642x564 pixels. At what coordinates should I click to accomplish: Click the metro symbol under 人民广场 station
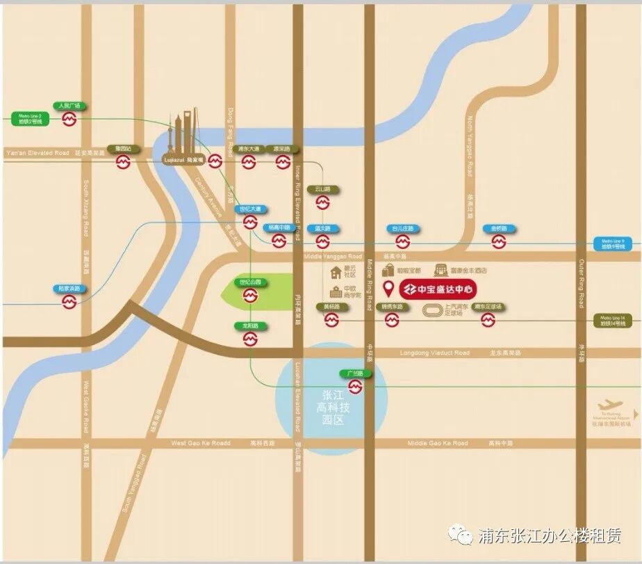click(x=69, y=120)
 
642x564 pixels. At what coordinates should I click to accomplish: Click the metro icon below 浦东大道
click(x=249, y=162)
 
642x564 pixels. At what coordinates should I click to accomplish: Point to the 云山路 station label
click(x=322, y=189)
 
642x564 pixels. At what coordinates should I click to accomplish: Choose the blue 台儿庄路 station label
click(x=402, y=228)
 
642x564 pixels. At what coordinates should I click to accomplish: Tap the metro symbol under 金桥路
click(x=499, y=241)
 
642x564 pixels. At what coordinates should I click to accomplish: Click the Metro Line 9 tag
click(x=614, y=243)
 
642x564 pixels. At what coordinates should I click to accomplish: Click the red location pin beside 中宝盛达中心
click(x=390, y=287)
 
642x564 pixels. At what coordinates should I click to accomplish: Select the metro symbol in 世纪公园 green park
click(x=250, y=296)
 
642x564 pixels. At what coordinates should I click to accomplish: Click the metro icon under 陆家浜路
click(x=69, y=301)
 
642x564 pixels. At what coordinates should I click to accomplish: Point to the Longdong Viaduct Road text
click(x=435, y=353)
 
